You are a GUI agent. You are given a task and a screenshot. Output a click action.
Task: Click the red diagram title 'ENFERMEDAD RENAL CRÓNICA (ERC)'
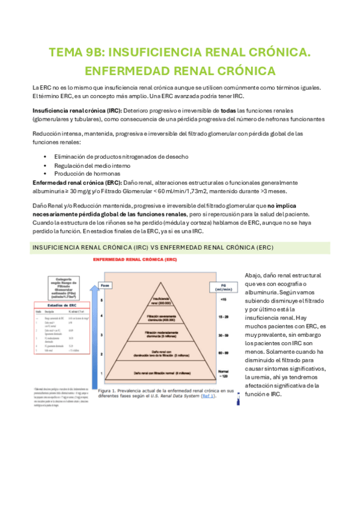[x=134, y=260]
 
